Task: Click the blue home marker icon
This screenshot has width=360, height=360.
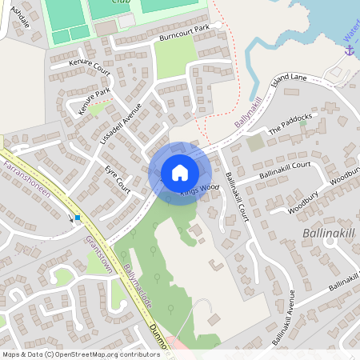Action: tap(180, 173)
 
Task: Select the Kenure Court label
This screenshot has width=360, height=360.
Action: tap(89, 66)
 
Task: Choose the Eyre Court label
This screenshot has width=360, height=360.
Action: tap(118, 178)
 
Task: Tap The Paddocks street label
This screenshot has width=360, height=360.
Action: tap(290, 122)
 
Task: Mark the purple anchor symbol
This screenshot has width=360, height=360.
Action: tap(349, 50)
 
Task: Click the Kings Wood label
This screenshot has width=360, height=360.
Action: tap(199, 190)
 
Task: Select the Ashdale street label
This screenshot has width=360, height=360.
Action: tap(20, 14)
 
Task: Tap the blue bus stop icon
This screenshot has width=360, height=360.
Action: tap(77, 218)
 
